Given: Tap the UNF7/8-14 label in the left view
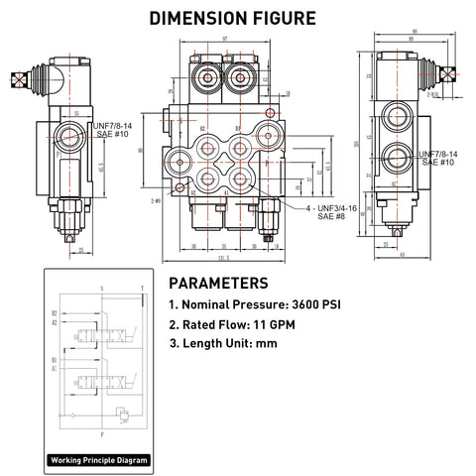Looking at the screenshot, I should pos(113,126).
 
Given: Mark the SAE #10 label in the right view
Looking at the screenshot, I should pos(436,162).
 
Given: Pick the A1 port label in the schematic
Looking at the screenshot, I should pos(53,366).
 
